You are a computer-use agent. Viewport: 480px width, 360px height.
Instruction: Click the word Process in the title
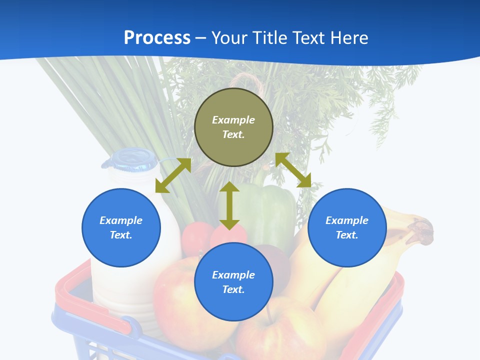click(157, 38)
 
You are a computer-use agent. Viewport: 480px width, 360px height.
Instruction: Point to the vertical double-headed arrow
click(229, 205)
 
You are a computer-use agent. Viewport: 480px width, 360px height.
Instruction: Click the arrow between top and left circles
click(173, 175)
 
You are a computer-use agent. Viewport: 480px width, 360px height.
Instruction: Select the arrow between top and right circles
click(293, 170)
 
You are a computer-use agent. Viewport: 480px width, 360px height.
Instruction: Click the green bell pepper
click(272, 210)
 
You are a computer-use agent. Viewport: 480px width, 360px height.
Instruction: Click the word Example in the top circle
click(233, 120)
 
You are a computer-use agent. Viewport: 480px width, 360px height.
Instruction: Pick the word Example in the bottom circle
click(233, 275)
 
